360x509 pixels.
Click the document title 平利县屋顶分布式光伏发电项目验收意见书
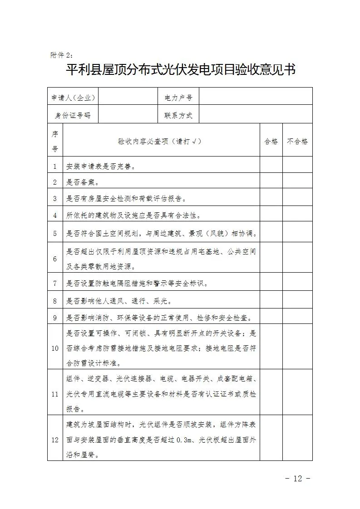181,70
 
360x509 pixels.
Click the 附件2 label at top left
61,55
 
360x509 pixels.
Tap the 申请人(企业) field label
73,97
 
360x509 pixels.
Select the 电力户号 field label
178,97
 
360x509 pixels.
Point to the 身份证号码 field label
73,115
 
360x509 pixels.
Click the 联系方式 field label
178,115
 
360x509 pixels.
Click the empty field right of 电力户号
256,97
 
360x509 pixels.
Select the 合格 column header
271,141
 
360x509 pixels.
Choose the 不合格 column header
297,141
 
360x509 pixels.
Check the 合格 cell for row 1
271,166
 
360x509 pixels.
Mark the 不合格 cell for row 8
297,300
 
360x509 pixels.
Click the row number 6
55,259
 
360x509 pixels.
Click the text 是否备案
83,182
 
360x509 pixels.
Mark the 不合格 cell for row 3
297,198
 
